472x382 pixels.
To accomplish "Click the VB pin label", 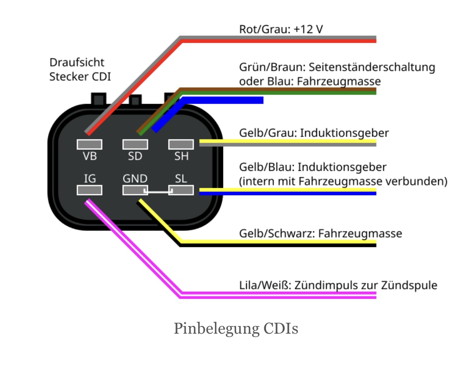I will [x=90, y=156].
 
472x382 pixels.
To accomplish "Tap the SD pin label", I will [x=135, y=156].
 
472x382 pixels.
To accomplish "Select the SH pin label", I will [x=181, y=156].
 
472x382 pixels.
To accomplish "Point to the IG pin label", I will [x=90, y=178].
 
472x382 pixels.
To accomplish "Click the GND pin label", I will [x=135, y=178].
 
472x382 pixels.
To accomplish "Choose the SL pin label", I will [x=181, y=178].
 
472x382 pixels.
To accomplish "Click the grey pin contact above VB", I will [x=90, y=144].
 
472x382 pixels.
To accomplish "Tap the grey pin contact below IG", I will [x=90, y=190].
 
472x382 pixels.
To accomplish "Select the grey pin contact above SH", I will [x=181, y=144].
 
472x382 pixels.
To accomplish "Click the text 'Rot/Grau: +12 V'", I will [x=281, y=29].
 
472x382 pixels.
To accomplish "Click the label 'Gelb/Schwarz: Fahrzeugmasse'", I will [x=320, y=233].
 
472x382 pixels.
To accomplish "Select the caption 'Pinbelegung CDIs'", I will [x=236, y=329].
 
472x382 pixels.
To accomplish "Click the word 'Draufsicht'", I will [x=77, y=62].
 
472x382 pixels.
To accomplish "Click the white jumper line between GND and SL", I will [x=158, y=192].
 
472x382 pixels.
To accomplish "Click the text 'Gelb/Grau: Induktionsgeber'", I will [x=314, y=133].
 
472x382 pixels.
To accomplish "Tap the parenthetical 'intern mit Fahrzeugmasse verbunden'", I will [x=343, y=181].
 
